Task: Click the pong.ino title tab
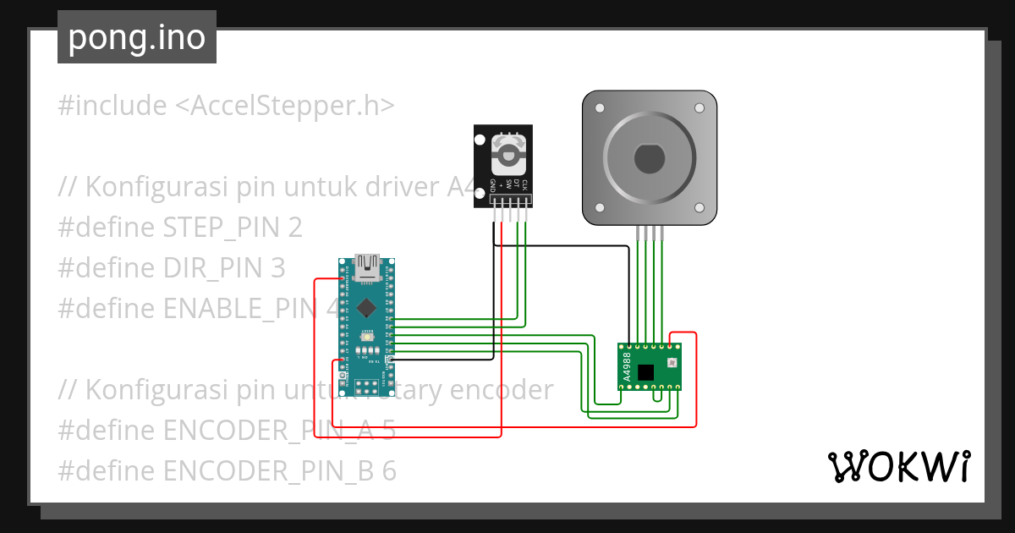pos(136,38)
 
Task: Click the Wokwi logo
pos(898,466)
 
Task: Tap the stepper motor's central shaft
pos(649,158)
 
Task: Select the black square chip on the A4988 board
pos(646,372)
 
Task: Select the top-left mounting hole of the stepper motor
pos(600,108)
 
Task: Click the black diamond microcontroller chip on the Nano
pos(366,307)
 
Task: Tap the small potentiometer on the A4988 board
pos(672,363)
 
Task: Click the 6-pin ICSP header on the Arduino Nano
pos(366,387)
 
